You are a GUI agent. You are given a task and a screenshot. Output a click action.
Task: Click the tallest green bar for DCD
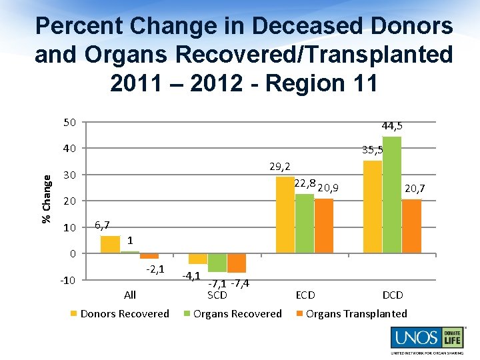click(x=392, y=195)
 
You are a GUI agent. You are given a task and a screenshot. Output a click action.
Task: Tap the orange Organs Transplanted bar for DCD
click(x=411, y=226)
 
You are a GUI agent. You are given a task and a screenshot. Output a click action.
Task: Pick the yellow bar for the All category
click(x=110, y=244)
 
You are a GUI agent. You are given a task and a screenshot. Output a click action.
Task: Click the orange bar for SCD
click(x=237, y=263)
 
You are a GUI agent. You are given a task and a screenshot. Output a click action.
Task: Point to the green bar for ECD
click(x=305, y=223)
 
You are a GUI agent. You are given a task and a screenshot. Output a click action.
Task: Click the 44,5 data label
click(x=391, y=126)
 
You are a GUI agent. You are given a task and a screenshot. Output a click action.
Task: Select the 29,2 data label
click(x=280, y=166)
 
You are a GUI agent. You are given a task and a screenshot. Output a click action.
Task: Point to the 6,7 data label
click(x=103, y=225)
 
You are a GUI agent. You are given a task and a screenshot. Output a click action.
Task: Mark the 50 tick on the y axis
click(x=69, y=122)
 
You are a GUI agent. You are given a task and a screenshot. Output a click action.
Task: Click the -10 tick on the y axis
click(x=67, y=279)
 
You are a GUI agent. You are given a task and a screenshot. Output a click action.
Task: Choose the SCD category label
click(x=217, y=295)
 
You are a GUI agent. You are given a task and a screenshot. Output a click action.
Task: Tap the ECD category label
click(x=305, y=295)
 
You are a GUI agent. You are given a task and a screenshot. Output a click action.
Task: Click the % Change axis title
click(x=46, y=199)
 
